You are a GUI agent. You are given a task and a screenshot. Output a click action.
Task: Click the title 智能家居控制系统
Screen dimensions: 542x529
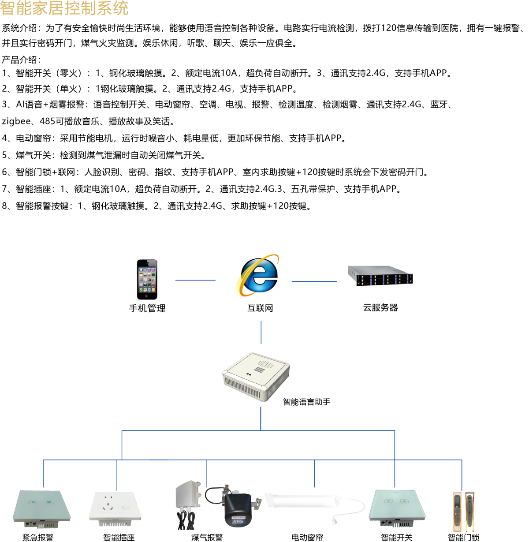[x=64, y=8]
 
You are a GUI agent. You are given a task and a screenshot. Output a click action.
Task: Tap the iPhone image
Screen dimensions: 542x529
[x=147, y=280]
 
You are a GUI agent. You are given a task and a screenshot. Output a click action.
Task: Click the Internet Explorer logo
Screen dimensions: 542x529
[x=257, y=274]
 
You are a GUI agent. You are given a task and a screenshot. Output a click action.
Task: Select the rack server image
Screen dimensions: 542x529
[x=380, y=276]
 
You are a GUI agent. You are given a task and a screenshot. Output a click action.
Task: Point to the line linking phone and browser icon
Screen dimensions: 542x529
[x=195, y=280]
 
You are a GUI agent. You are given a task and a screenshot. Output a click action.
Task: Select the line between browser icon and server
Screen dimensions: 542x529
[x=314, y=281]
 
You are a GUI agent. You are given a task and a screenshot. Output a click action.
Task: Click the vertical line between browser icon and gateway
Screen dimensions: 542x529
[x=261, y=333]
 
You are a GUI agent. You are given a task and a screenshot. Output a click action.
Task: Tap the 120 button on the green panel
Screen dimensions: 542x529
[x=33, y=502]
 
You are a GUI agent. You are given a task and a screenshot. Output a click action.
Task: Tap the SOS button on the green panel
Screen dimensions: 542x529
[x=48, y=502]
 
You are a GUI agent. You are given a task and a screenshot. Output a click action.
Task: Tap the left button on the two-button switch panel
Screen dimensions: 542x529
[x=388, y=501]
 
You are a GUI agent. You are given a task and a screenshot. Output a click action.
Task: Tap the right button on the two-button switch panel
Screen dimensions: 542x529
[x=403, y=501]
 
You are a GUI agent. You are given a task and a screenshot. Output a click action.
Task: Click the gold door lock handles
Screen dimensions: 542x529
[x=463, y=511]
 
